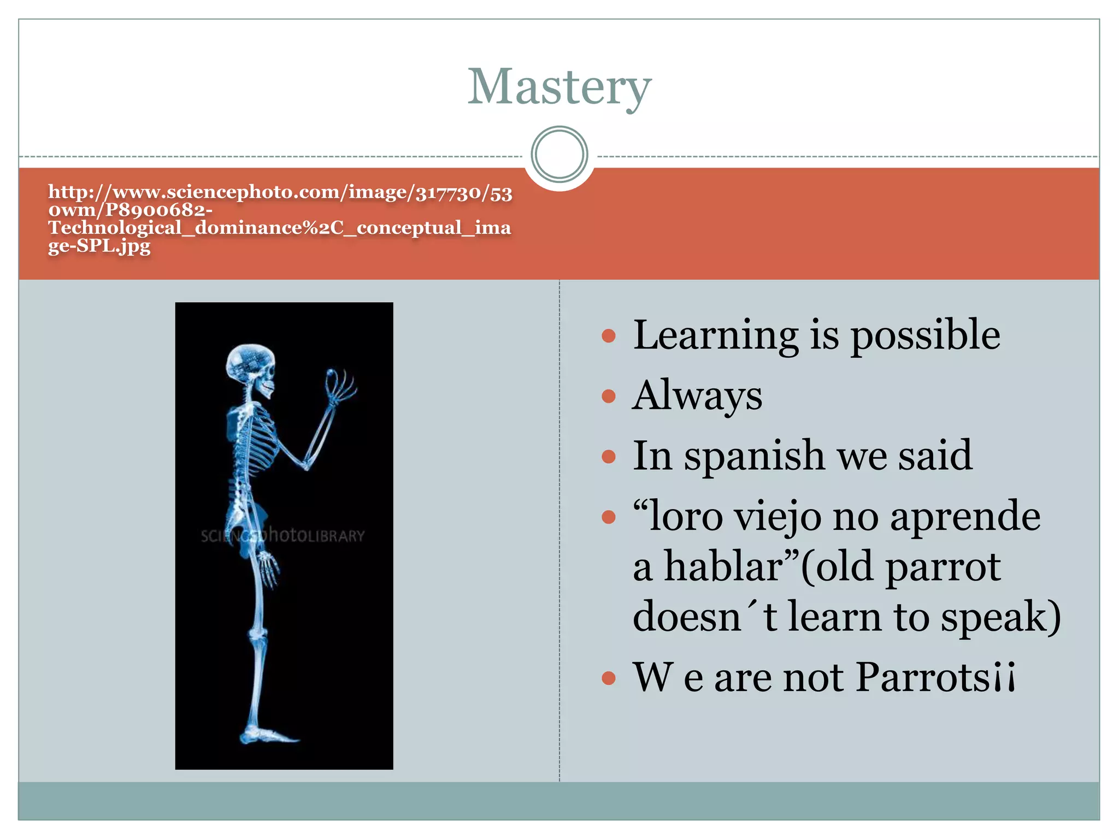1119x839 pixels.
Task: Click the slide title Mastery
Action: coord(559,87)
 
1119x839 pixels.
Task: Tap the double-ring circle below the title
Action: coord(559,154)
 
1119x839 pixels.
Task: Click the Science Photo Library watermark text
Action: coord(282,536)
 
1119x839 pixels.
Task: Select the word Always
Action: coord(697,396)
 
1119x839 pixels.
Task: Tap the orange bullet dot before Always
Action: coord(608,396)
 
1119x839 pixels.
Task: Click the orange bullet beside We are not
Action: coord(608,678)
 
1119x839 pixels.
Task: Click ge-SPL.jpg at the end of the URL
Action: coord(99,246)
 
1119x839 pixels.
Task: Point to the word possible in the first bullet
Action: coord(926,336)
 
